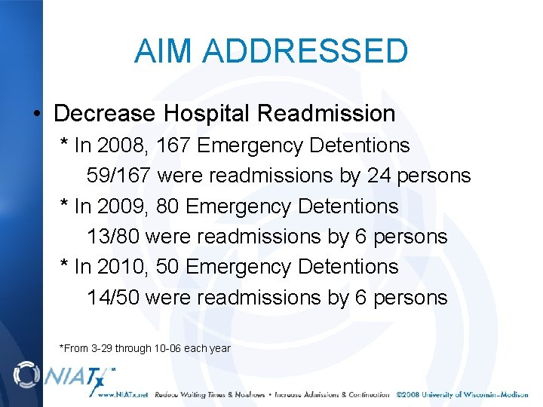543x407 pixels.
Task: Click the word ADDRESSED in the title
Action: [x=305, y=51]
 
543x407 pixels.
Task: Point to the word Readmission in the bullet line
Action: [x=326, y=114]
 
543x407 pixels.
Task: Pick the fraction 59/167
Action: [x=119, y=176]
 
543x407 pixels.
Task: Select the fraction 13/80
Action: [x=112, y=237]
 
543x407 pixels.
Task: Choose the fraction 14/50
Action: [x=112, y=298]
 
